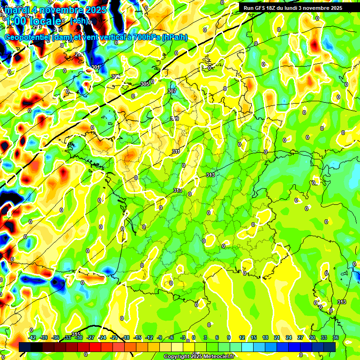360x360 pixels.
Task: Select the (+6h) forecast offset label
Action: [x=78, y=21]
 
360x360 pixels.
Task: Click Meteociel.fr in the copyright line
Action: [x=216, y=357]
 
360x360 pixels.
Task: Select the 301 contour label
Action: [x=96, y=67]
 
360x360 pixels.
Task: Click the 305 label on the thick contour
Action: [x=145, y=84]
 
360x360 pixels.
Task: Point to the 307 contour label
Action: [x=172, y=91]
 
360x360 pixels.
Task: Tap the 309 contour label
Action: [x=175, y=119]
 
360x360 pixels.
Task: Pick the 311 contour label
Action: [x=176, y=151]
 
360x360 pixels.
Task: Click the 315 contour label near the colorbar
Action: [x=76, y=334]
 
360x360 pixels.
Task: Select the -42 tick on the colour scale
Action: [x=32, y=338]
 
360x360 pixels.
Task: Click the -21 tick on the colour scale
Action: [x=114, y=338]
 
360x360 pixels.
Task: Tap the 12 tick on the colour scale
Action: [x=241, y=338]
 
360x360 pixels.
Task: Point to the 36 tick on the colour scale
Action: [x=336, y=338]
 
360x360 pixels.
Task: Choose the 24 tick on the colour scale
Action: [x=288, y=338]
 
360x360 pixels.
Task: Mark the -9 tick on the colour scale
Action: [x=159, y=338]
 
